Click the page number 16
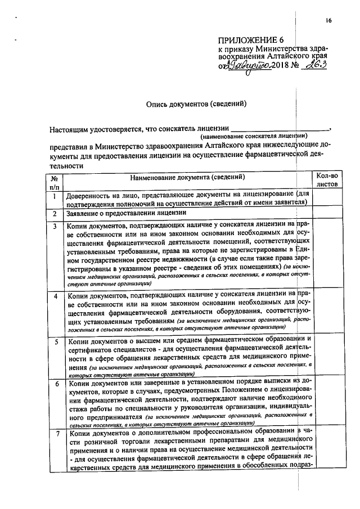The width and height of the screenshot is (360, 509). [x=328, y=21]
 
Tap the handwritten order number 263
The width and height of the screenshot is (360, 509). [x=313, y=66]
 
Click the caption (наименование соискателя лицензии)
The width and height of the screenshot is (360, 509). [x=254, y=136]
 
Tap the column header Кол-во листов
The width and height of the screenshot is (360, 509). [x=327, y=180]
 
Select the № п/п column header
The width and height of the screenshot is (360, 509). [x=55, y=181]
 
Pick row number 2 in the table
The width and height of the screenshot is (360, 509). [x=55, y=214]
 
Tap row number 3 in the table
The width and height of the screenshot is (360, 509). [x=55, y=227]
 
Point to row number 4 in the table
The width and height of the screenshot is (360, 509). [x=55, y=295]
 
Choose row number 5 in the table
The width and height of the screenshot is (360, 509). [x=55, y=341]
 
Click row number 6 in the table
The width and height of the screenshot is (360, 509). [x=55, y=384]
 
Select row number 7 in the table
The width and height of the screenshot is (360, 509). [x=55, y=434]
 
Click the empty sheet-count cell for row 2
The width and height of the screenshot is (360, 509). [x=327, y=214]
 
